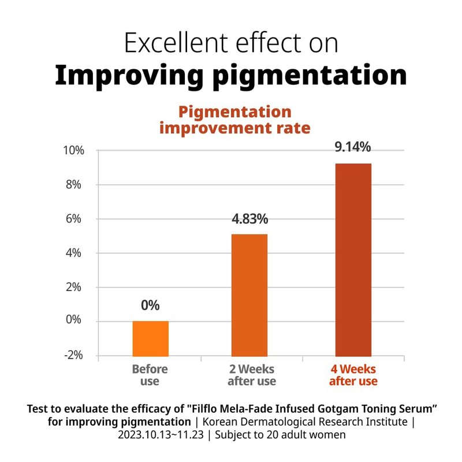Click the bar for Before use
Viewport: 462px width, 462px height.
[x=151, y=338]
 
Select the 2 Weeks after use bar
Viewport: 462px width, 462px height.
[x=249, y=295]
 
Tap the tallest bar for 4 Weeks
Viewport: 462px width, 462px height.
[x=353, y=260]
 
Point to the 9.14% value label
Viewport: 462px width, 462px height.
[x=353, y=147]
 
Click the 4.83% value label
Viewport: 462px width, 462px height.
[x=250, y=219]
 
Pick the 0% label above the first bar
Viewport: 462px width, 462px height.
[x=150, y=305]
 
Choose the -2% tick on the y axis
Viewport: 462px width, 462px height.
[x=74, y=355]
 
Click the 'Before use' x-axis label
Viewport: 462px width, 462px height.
[x=150, y=375]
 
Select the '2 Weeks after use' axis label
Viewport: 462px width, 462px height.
[x=251, y=375]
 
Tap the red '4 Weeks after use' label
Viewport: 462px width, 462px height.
[x=353, y=375]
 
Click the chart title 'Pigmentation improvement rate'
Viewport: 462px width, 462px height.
[x=234, y=120]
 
